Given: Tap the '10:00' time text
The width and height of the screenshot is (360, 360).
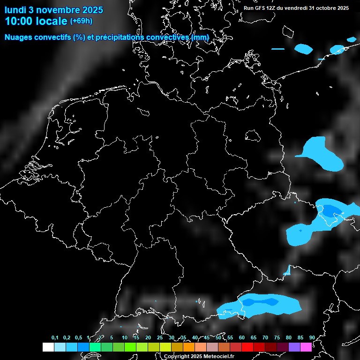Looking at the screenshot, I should coord(20,21).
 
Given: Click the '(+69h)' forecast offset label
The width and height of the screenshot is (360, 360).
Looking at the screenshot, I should coord(81,21).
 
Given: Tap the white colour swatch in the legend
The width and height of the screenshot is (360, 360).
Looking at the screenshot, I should coord(48,347).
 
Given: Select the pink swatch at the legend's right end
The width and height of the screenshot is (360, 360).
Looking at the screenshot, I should coord(306,347).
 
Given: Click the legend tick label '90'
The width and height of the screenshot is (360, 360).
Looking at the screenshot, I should coord(312,337).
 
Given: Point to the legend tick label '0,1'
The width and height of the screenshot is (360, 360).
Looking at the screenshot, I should coord(55,337).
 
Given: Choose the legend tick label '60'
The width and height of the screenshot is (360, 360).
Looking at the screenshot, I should coord(242,337).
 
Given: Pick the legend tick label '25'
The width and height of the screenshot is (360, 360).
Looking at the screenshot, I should coord(160,337).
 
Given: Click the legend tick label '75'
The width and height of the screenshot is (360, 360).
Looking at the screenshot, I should coord(277,337).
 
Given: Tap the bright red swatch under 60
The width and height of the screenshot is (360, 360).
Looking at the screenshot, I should coord(247,347).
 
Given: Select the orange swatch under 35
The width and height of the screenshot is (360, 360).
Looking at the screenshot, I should coord(189,347).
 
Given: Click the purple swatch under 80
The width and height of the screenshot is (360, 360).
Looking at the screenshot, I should coord(294,347).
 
